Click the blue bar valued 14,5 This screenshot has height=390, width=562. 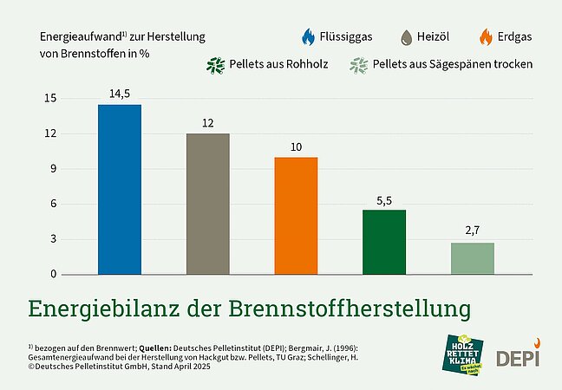pos(120,189)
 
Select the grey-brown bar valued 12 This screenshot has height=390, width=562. pos(208,204)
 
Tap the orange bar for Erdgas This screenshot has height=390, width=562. pos(296,216)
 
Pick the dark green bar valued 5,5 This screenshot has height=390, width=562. pos(384,242)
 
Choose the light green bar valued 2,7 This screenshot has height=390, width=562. pos(473,258)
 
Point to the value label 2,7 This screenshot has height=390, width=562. pos(473,232)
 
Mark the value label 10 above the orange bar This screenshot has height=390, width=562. pos(296,147)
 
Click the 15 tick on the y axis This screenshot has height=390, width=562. pos(50,99)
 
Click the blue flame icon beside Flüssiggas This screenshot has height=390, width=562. pos(308,37)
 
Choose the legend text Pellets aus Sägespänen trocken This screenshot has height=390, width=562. pos(452,65)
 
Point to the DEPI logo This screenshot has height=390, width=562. pos(517,356)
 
